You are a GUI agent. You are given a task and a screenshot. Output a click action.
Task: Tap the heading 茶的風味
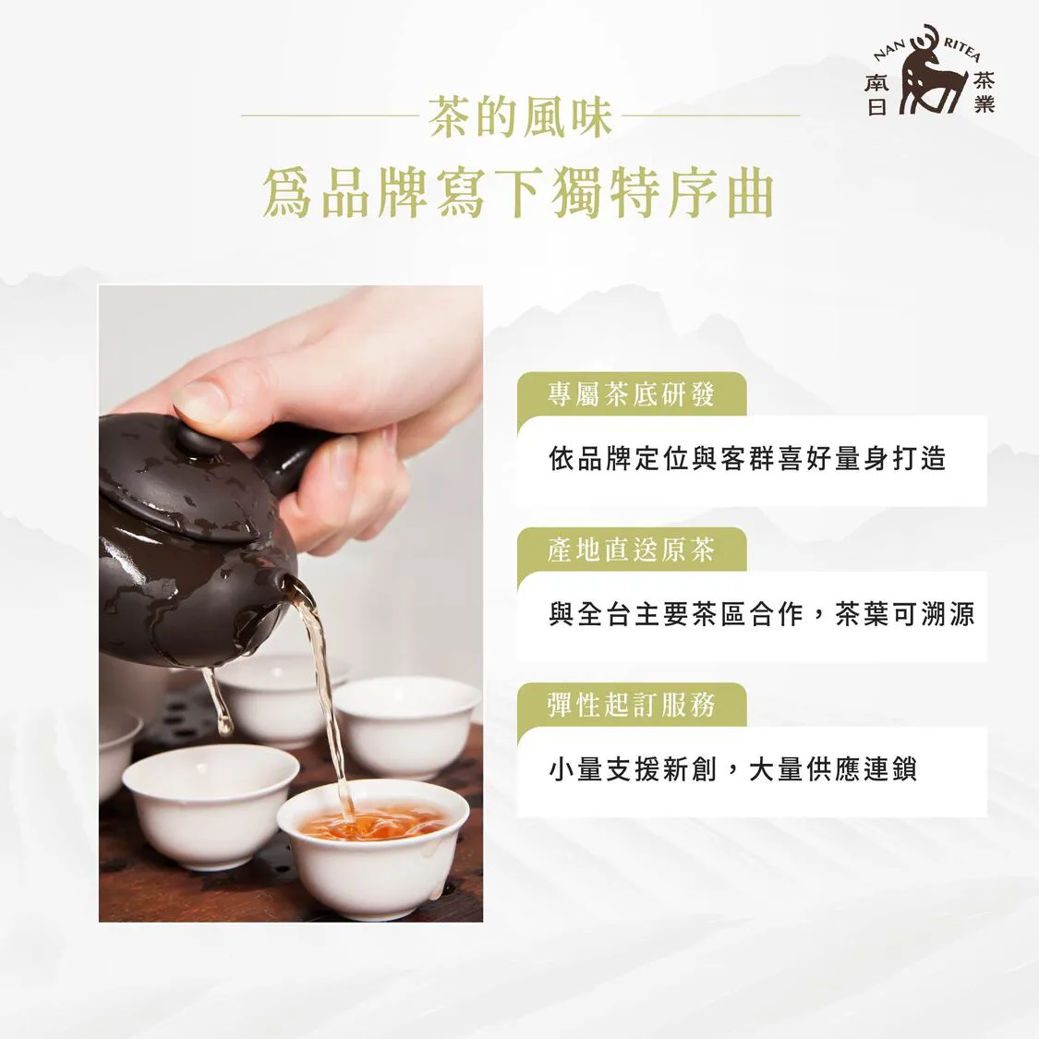pyautogui.click(x=519, y=116)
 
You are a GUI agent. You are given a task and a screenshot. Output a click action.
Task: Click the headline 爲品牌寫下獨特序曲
pyautogui.click(x=519, y=194)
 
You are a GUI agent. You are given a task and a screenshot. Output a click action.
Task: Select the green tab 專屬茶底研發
pyautogui.click(x=632, y=394)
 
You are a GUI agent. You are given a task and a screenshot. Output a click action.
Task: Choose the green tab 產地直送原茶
pyautogui.click(x=632, y=550)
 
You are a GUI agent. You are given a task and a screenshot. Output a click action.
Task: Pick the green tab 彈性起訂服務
pyautogui.click(x=632, y=705)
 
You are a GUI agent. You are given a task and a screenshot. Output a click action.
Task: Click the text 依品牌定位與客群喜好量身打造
pyautogui.click(x=747, y=458)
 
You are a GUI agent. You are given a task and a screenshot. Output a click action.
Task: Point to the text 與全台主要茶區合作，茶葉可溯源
pyautogui.click(x=761, y=614)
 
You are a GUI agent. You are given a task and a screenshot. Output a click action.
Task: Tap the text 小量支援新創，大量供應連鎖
pyautogui.click(x=732, y=769)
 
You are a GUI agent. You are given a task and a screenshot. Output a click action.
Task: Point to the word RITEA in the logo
pyautogui.click(x=961, y=50)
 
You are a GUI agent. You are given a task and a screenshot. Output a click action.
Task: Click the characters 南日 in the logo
pyautogui.click(x=876, y=94)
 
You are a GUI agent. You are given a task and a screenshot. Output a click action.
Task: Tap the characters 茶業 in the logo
pyautogui.click(x=984, y=92)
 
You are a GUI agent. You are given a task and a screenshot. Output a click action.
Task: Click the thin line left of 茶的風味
pyautogui.click(x=330, y=116)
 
